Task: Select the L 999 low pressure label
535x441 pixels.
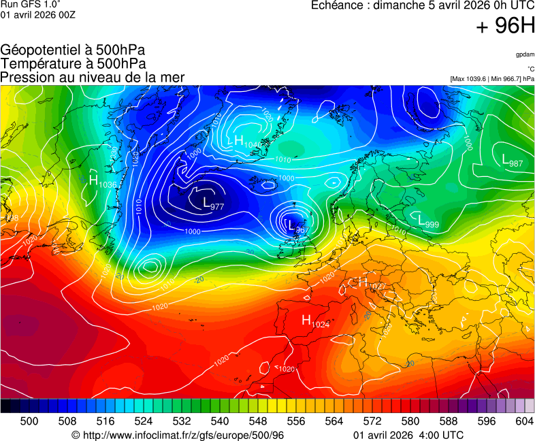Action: pyautogui.click(x=427, y=222)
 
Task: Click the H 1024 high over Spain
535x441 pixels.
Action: pyautogui.click(x=316, y=321)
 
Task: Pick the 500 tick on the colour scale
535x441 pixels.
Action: pyautogui.click(x=29, y=421)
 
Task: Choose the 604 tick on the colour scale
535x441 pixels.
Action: pyautogui.click(x=523, y=421)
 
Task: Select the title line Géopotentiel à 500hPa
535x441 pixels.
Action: pyautogui.click(x=73, y=50)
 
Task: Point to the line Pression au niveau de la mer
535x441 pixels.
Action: pyautogui.click(x=93, y=78)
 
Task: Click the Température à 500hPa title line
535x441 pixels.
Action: pyautogui.click(x=73, y=64)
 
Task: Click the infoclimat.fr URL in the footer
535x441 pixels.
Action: pyautogui.click(x=178, y=435)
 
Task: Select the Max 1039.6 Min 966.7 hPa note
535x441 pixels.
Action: pyautogui.click(x=492, y=79)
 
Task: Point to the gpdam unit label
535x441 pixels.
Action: pyautogui.click(x=524, y=54)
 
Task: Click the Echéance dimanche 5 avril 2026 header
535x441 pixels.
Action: pyautogui.click(x=422, y=6)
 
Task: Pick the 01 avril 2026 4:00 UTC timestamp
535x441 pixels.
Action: pyautogui.click(x=409, y=435)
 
